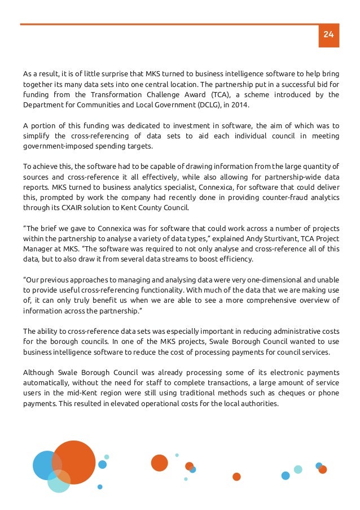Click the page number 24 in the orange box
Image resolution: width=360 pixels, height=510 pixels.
pos(328,35)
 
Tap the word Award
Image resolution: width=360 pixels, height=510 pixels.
pos(182,94)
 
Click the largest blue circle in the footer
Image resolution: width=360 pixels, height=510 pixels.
pos(47,465)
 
